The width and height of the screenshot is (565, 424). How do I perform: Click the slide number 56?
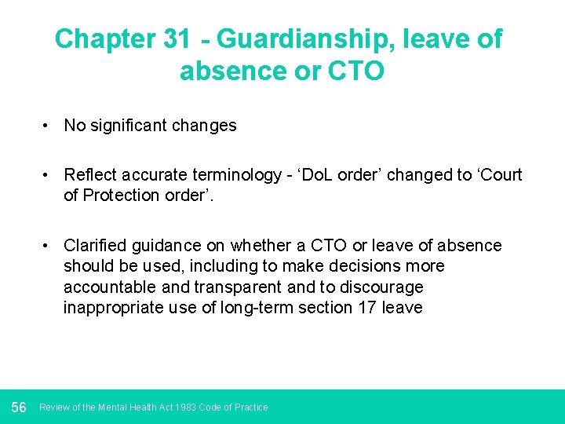pos(19,407)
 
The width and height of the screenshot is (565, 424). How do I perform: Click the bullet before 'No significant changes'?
pos(48,126)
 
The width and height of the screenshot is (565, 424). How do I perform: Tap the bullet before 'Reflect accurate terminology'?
pos(48,174)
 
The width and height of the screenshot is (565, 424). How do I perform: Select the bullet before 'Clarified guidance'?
pos(48,246)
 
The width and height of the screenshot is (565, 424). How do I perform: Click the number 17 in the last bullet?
pos(366,307)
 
